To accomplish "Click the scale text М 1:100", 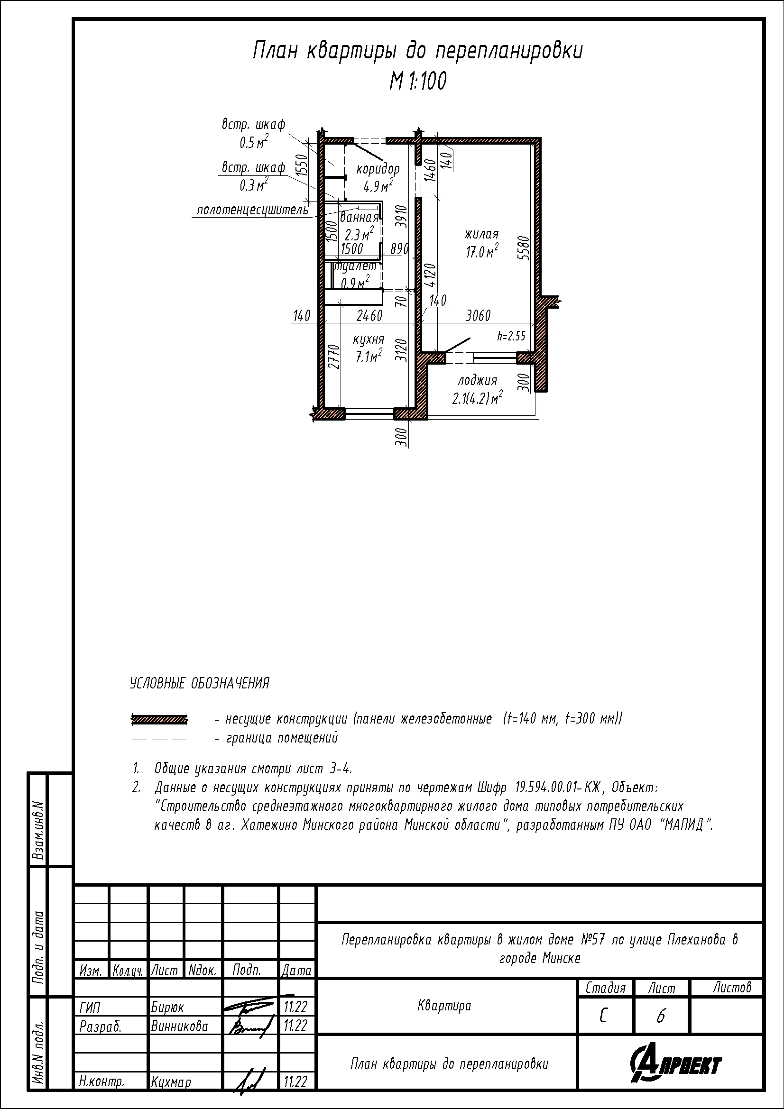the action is (x=418, y=81).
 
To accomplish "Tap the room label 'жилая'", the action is (x=481, y=235).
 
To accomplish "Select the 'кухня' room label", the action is (x=368, y=339).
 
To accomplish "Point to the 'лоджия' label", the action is (x=477, y=381).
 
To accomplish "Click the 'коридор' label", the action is (x=378, y=170).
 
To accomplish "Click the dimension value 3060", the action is (x=478, y=316).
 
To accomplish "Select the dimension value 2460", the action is (x=369, y=316).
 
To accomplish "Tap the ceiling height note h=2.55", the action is (x=511, y=336).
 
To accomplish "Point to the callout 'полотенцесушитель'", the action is (x=252, y=211).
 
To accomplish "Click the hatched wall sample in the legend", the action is (x=159, y=720).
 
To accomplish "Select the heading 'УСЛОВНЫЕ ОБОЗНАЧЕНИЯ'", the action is (x=200, y=684).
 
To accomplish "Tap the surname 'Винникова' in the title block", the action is (x=179, y=1026).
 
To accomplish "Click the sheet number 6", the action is (x=661, y=1017).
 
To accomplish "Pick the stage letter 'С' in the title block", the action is (x=603, y=1017).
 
